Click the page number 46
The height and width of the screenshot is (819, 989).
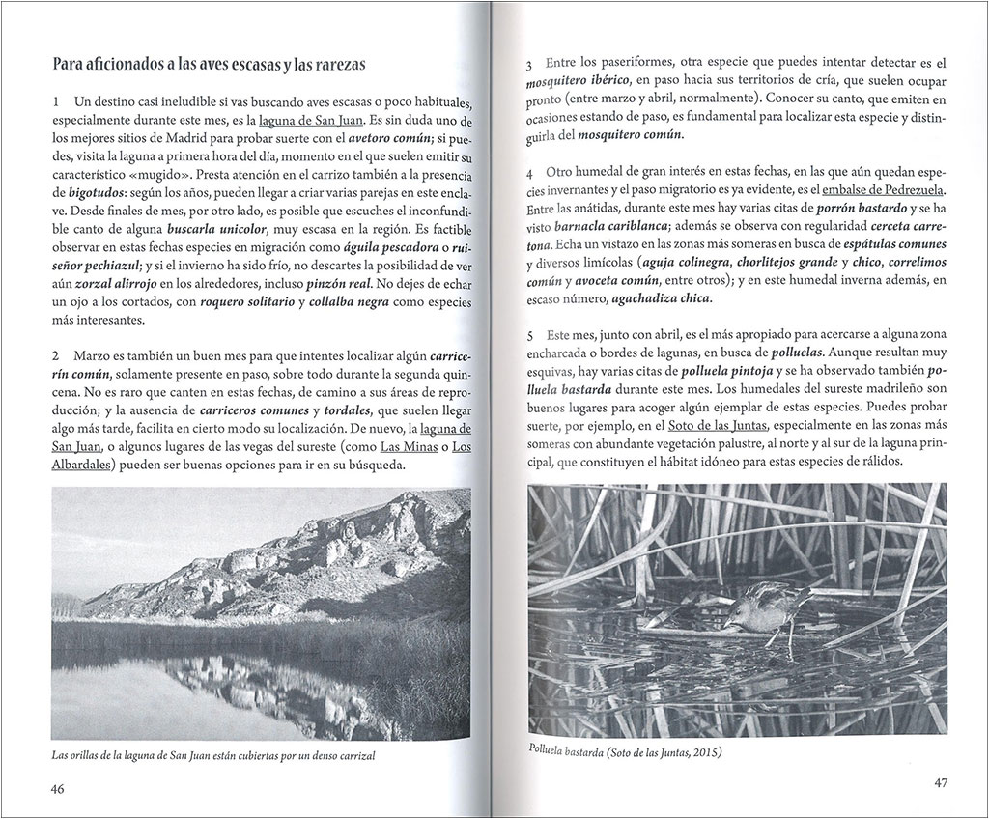(57, 789)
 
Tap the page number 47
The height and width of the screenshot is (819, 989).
(943, 782)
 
